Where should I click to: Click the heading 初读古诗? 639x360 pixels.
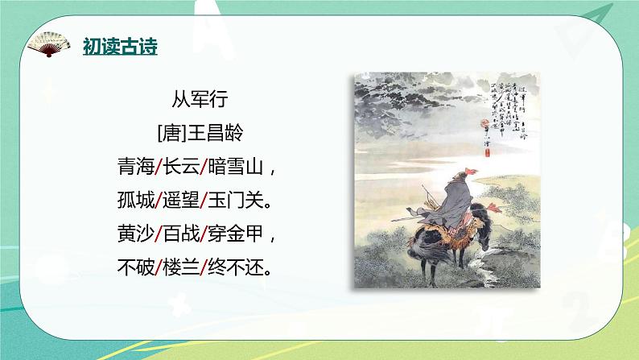coord(121,47)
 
